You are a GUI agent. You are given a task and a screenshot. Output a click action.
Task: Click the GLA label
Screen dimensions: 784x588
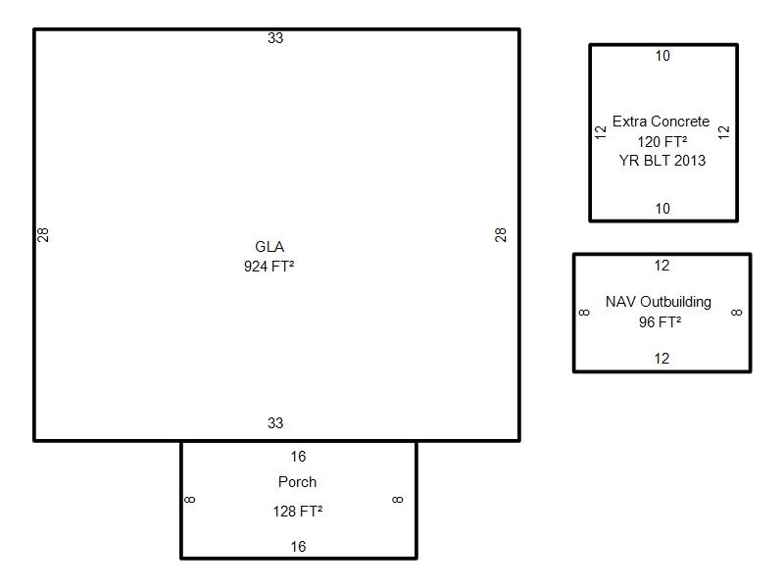click(x=269, y=247)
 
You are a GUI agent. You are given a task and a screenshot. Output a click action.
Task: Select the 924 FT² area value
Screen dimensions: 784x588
click(x=269, y=266)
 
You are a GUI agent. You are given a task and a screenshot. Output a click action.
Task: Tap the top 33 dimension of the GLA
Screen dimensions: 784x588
click(x=275, y=38)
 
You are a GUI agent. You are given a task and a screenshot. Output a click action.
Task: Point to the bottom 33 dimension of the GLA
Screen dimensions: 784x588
click(x=275, y=423)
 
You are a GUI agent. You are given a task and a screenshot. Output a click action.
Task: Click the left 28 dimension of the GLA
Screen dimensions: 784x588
click(x=43, y=234)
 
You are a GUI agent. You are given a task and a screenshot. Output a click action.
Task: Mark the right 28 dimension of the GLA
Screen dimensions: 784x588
click(x=501, y=234)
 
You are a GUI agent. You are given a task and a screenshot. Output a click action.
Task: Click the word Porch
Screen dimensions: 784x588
click(x=298, y=482)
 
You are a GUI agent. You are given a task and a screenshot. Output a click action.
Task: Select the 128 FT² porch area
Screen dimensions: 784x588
click(x=298, y=511)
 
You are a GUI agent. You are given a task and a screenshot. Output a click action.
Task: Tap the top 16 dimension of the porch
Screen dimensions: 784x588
click(x=299, y=456)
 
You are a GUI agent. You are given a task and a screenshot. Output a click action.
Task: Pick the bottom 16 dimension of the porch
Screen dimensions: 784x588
click(x=299, y=547)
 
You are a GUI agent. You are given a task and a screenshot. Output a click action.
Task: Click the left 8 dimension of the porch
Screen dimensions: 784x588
click(x=190, y=500)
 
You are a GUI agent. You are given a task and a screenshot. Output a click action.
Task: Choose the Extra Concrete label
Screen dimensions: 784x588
click(x=661, y=121)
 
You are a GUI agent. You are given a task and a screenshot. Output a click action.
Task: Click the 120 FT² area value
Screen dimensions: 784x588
click(x=662, y=141)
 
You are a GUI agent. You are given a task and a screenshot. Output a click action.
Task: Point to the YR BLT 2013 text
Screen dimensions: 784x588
click(x=662, y=160)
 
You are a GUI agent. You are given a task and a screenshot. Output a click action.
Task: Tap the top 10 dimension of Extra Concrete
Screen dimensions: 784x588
click(x=663, y=56)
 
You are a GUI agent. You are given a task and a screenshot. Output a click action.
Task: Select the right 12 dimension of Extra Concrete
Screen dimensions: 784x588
click(x=724, y=132)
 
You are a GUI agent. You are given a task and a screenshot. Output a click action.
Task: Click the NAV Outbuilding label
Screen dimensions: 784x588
click(x=659, y=302)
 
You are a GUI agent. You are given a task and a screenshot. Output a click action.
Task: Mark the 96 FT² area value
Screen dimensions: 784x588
click(x=660, y=322)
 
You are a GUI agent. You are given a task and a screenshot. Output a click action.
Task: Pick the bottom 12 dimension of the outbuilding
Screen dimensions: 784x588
click(x=662, y=359)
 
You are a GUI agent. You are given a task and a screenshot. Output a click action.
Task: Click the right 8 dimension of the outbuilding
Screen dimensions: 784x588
click(x=737, y=313)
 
